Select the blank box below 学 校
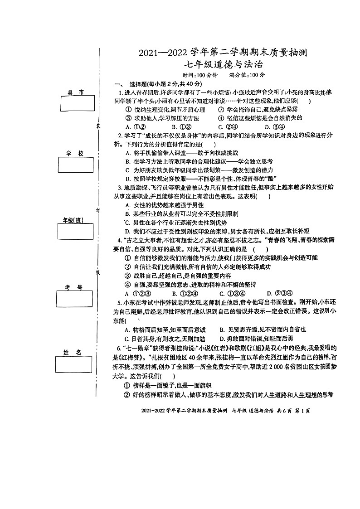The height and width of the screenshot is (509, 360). (75, 165)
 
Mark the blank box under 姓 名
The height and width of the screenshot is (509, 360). (74, 364)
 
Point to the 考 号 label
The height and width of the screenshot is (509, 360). (73, 288)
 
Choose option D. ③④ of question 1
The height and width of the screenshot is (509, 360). (274, 127)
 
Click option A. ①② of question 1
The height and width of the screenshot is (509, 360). (135, 127)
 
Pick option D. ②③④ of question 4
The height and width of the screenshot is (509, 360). (278, 293)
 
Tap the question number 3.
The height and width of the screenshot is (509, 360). (120, 187)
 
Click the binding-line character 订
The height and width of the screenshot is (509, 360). (98, 210)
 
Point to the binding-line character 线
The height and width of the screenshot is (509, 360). (97, 272)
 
